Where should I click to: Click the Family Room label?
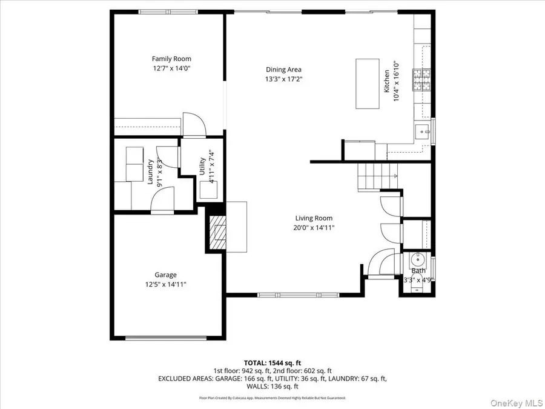point(171,59)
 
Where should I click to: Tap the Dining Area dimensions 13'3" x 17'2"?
point(283,79)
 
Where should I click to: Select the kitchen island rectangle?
point(367,83)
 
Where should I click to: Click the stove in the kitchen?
point(420,80)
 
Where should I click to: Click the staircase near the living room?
point(376,176)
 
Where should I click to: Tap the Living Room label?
point(314,218)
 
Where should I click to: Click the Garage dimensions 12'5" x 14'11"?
point(165,284)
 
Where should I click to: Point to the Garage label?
point(165,274)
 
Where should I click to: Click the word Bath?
point(419,271)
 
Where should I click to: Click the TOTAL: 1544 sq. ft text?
point(272,361)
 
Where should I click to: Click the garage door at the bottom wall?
point(165,338)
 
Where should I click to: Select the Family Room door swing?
point(194,125)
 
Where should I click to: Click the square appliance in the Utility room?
point(210,190)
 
